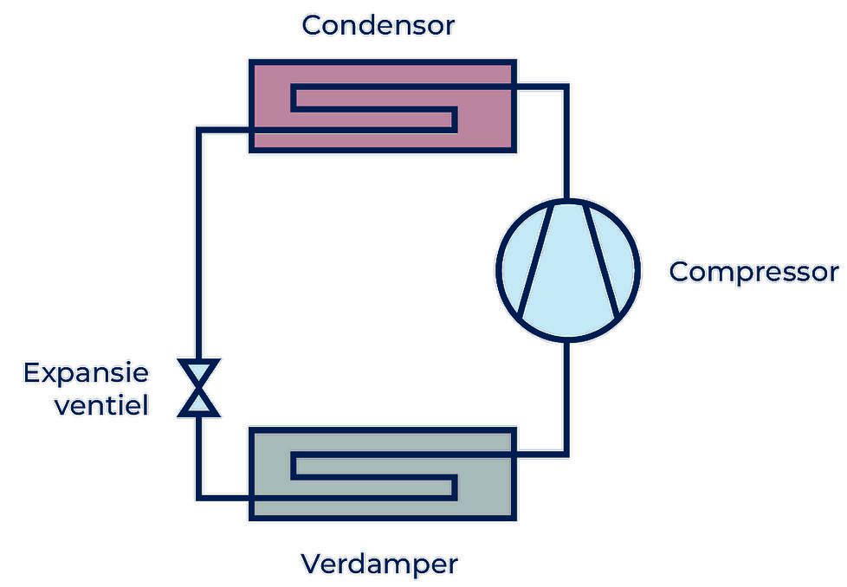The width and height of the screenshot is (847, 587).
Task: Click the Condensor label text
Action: (378, 25)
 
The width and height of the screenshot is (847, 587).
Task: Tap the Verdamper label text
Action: (378, 564)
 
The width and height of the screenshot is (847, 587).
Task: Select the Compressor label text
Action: (753, 272)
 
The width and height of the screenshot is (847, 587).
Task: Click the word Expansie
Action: (86, 374)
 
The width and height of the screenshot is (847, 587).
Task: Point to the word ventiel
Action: (101, 404)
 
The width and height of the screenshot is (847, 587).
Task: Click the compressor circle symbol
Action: (567, 268)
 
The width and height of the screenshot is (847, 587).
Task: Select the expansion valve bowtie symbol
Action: (199, 388)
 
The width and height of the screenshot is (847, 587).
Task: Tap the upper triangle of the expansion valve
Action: (199, 373)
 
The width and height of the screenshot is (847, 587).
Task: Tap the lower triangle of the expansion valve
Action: (199, 403)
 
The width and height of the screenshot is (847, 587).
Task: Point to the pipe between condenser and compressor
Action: (566, 139)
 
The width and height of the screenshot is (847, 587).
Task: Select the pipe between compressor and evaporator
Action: (566, 398)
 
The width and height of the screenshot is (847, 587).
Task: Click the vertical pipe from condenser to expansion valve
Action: (199, 242)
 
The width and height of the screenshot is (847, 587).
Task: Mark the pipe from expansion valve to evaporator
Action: (199, 459)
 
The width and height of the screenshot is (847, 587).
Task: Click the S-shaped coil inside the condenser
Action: (372, 109)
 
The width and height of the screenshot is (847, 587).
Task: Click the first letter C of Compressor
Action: (681, 272)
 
